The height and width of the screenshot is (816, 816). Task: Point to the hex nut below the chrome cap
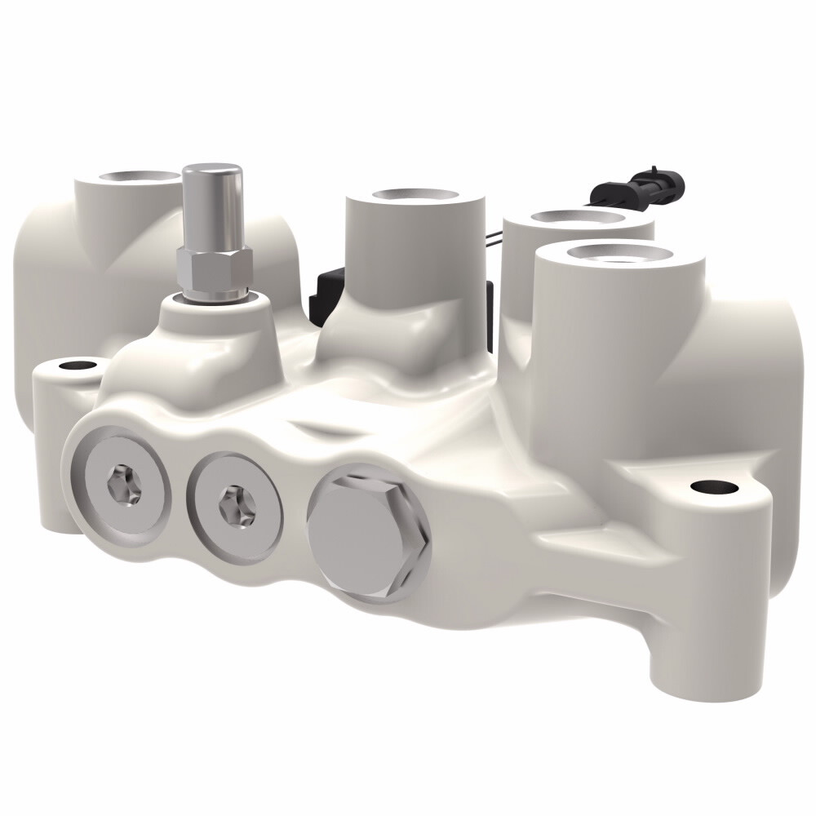pos(214,270)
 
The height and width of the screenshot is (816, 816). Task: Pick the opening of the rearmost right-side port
pos(576,218)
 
